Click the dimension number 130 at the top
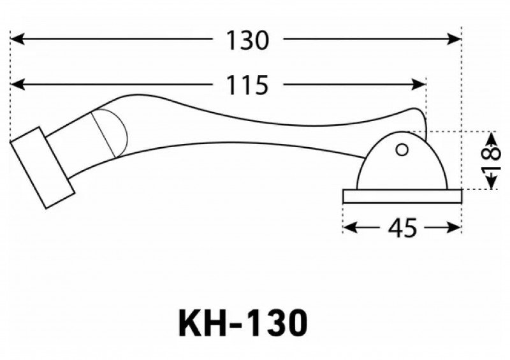click(247, 40)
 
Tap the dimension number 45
click(402, 227)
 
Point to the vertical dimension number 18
click(490, 160)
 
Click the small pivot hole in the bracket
click(402, 150)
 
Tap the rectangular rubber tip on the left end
click(42, 168)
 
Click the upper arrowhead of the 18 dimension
click(492, 136)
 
